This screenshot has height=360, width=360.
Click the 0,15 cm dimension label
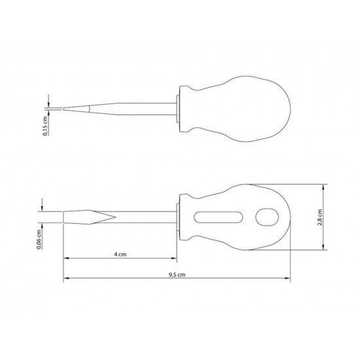[45, 126]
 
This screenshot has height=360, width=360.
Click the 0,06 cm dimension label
[39, 239]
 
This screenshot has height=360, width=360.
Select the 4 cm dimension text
[120, 254]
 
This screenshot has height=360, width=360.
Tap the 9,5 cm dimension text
[177, 275]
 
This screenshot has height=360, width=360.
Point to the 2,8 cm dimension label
[320, 217]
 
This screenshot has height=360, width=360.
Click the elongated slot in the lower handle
[218, 217]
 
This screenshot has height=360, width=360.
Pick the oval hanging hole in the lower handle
[267, 217]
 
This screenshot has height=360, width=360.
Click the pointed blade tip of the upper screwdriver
[63, 109]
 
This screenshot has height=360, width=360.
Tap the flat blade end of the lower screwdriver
[63, 217]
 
